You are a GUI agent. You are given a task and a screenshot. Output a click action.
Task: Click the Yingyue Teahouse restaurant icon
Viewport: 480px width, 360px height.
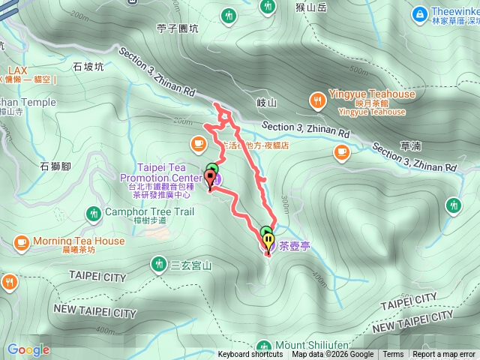click(x=318, y=99)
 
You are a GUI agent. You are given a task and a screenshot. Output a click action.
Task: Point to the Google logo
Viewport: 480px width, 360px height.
click(x=28, y=349)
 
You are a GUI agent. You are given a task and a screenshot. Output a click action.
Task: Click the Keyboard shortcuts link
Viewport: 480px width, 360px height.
click(x=250, y=355)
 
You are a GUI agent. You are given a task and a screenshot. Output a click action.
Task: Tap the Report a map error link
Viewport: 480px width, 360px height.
click(x=444, y=355)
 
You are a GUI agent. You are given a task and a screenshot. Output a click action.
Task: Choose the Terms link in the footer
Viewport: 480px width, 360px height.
click(x=393, y=355)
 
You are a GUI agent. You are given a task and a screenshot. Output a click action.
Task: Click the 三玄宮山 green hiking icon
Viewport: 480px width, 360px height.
click(x=159, y=264)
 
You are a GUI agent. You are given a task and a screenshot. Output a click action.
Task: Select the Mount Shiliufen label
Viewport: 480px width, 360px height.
click(x=301, y=345)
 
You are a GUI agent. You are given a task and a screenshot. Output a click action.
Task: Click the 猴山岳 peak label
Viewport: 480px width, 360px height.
click(x=312, y=8)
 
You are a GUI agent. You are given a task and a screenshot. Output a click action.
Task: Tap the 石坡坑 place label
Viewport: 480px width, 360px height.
click(x=88, y=66)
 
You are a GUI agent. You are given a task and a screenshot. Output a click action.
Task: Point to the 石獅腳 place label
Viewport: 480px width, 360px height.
click(x=55, y=165)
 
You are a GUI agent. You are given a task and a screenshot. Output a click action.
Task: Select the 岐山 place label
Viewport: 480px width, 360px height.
click(x=267, y=103)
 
